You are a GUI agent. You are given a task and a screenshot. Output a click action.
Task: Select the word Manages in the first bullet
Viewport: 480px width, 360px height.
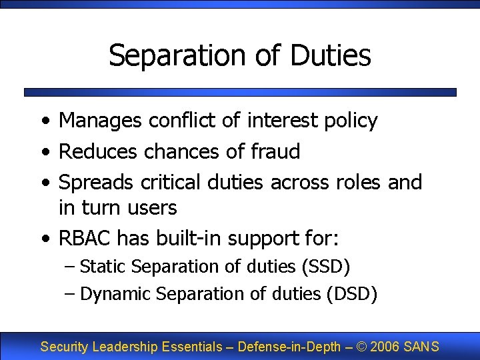[x=101, y=121]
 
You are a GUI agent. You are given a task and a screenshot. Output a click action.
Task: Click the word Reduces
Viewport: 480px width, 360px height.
[x=99, y=151]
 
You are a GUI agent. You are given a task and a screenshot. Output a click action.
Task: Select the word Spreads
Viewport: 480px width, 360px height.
[x=97, y=182]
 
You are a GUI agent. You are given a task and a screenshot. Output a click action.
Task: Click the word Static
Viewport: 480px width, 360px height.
[x=103, y=267]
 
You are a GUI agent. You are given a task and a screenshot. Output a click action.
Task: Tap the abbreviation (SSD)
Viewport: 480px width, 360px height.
[x=326, y=267]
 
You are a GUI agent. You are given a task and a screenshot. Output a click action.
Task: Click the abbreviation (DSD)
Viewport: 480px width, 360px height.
[x=353, y=293]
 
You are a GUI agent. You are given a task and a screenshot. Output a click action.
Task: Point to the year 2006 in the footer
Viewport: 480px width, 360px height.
[x=386, y=347]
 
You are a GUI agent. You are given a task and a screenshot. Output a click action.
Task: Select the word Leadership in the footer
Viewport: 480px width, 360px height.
[x=123, y=347]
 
